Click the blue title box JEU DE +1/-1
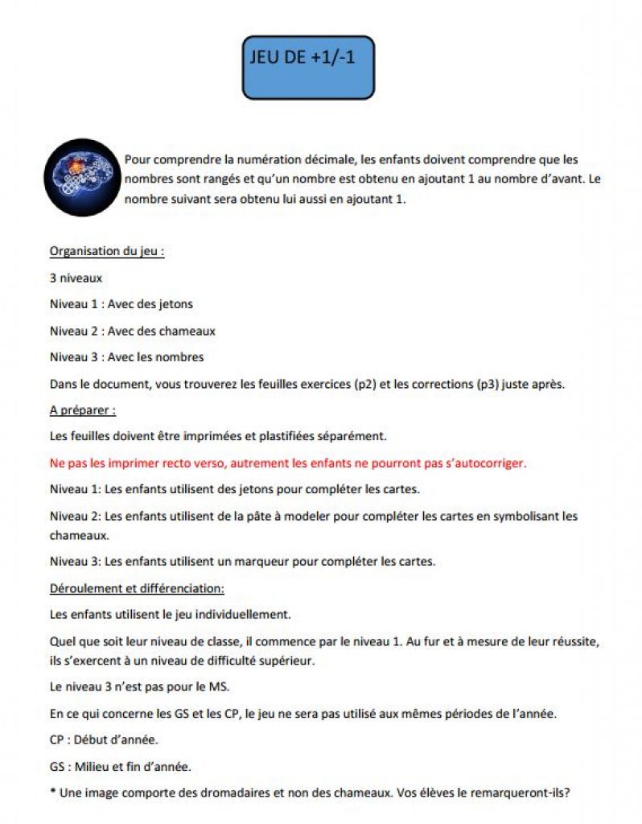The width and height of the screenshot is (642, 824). pos(308,68)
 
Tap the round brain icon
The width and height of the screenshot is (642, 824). pos(81,178)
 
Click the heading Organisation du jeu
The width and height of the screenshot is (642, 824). pos(107,251)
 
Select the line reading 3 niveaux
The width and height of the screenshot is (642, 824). pos(76,278)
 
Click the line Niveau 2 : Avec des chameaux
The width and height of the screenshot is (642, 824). pos(132,331)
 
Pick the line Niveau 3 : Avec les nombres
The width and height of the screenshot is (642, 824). pos(126,356)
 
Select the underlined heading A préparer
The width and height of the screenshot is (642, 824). pos(82,410)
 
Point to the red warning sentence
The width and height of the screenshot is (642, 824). pos(287,463)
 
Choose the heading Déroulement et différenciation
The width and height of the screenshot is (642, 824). pos(137,587)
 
